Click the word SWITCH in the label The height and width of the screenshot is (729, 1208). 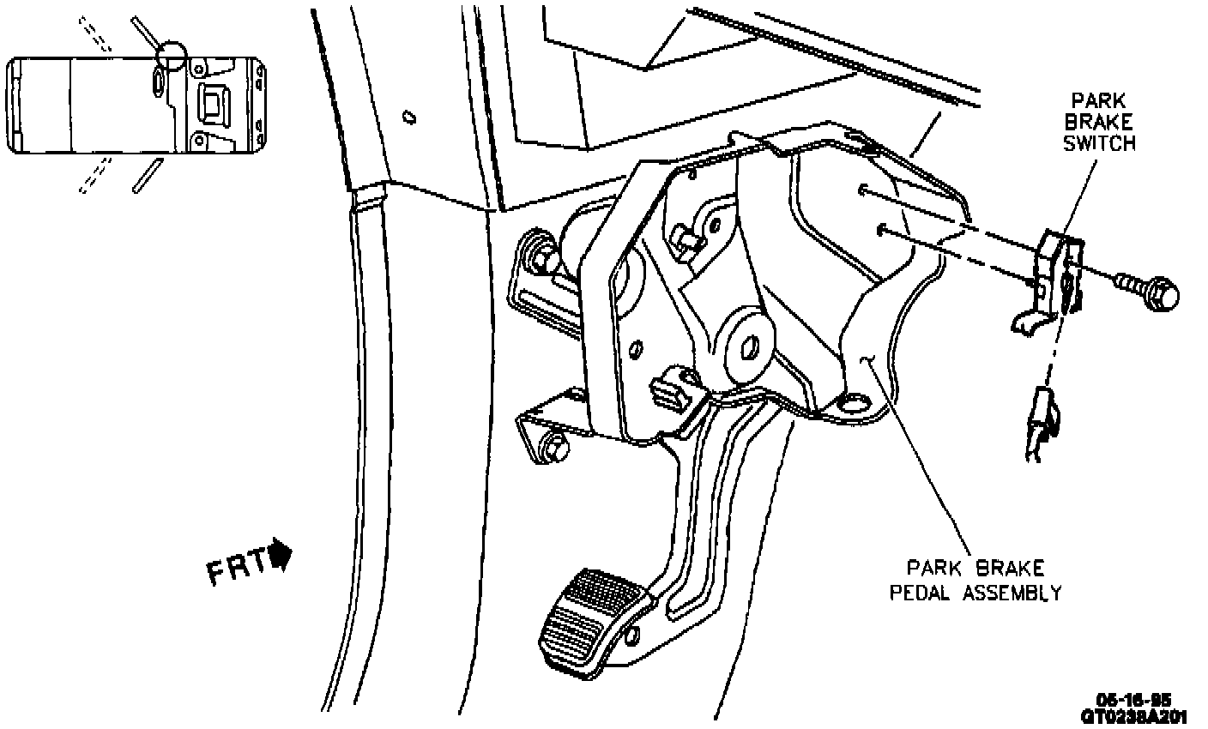pos(1099,143)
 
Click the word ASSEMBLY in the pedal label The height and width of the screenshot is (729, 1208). pos(1011,592)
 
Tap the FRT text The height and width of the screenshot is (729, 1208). pos(237,569)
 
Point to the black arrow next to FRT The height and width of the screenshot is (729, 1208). pos(281,553)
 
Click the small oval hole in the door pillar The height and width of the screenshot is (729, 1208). pos(409,116)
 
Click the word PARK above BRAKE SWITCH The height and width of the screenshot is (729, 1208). pos(1099,101)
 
